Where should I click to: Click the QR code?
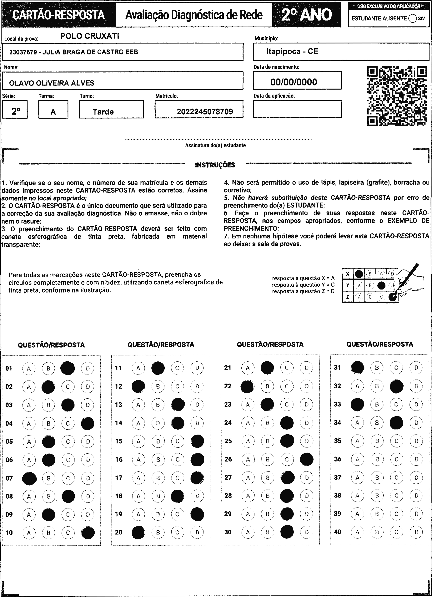tap(397, 96)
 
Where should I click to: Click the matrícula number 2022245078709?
tap(205, 112)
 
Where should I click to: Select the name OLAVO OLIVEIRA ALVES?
tap(52, 83)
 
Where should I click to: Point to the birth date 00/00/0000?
tap(294, 82)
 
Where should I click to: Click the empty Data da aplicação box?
tap(297, 109)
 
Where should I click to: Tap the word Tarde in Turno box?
tap(103, 112)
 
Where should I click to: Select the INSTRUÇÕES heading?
tap(215, 165)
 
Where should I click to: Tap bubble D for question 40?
tap(416, 532)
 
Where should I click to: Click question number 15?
tap(119, 441)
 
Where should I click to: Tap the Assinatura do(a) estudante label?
tap(215, 145)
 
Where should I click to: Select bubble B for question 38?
tap(377, 496)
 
